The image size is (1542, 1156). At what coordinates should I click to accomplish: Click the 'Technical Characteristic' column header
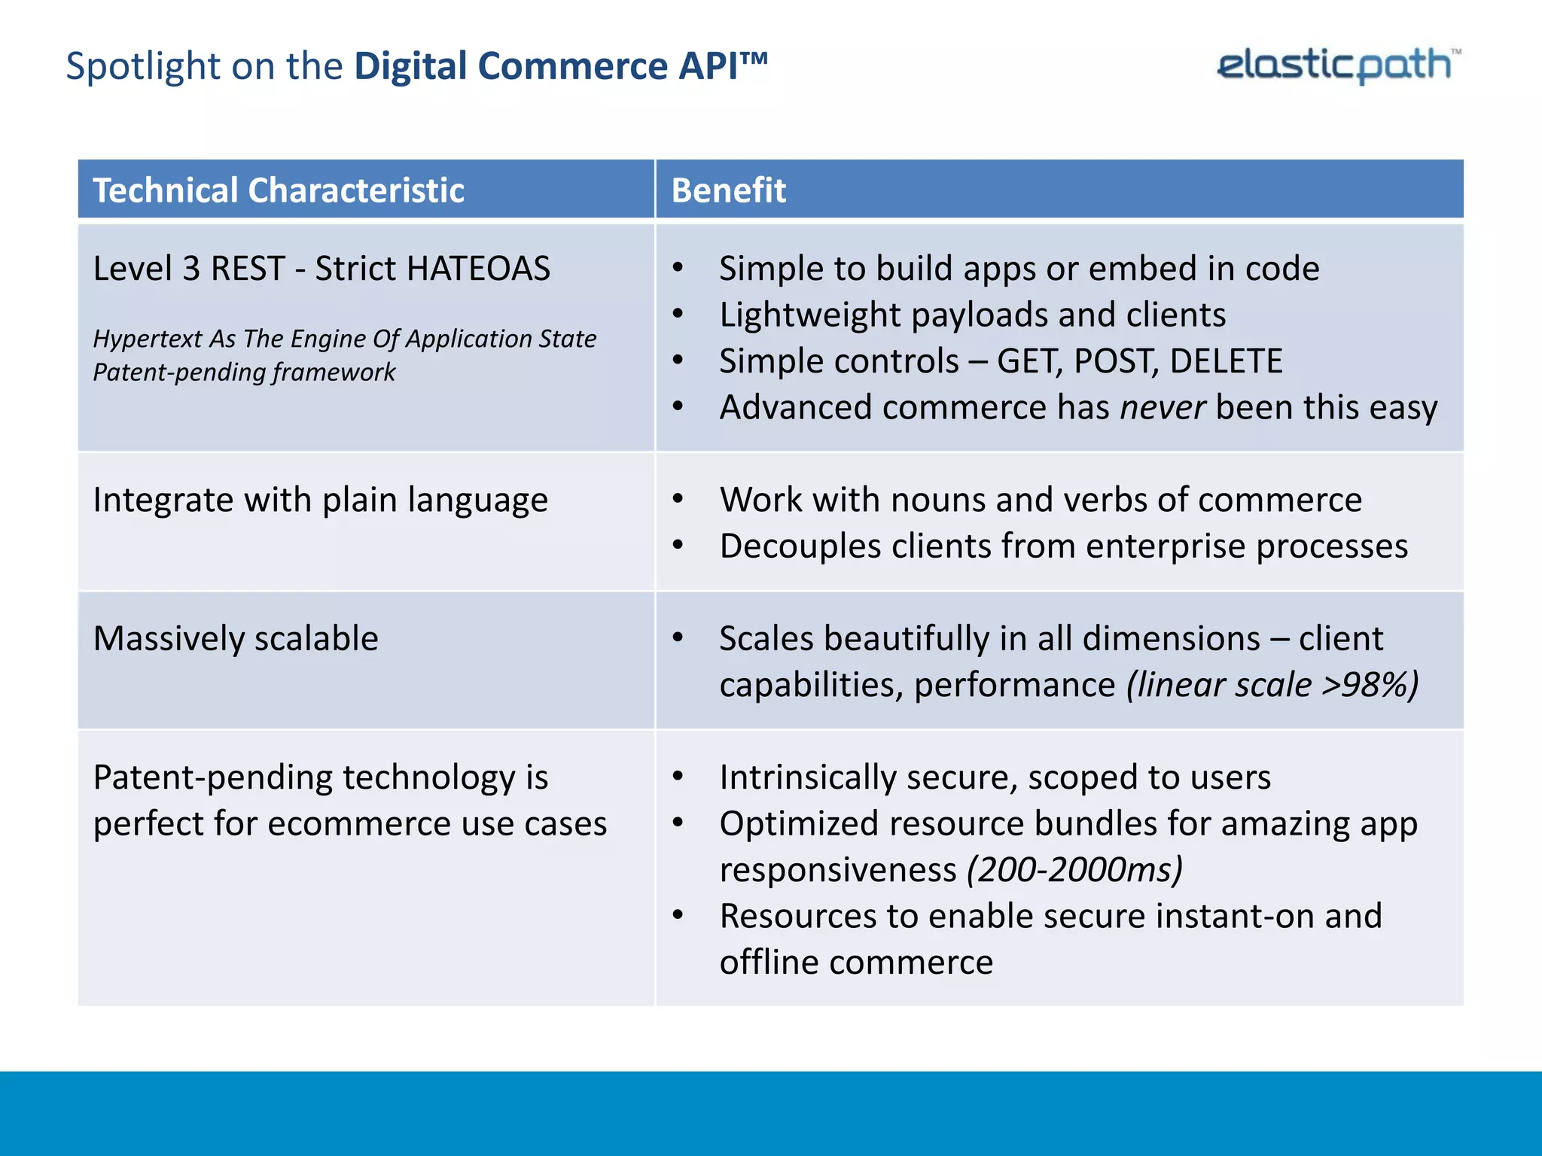[278, 190]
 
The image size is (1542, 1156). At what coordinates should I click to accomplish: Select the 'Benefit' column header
[728, 190]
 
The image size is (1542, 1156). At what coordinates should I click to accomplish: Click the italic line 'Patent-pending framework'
[244, 373]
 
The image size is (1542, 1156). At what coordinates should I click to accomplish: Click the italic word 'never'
[1163, 407]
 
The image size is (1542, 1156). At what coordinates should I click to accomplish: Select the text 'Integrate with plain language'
[320, 500]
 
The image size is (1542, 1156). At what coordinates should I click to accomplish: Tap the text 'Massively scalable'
[236, 639]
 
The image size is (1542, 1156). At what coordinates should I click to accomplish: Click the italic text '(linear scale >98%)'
[1272, 685]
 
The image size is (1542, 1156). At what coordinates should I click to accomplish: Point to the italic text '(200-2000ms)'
[1074, 870]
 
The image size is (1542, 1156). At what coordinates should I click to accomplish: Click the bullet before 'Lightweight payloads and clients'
[678, 315]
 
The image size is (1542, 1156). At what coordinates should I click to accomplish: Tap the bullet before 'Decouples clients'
[678, 546]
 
